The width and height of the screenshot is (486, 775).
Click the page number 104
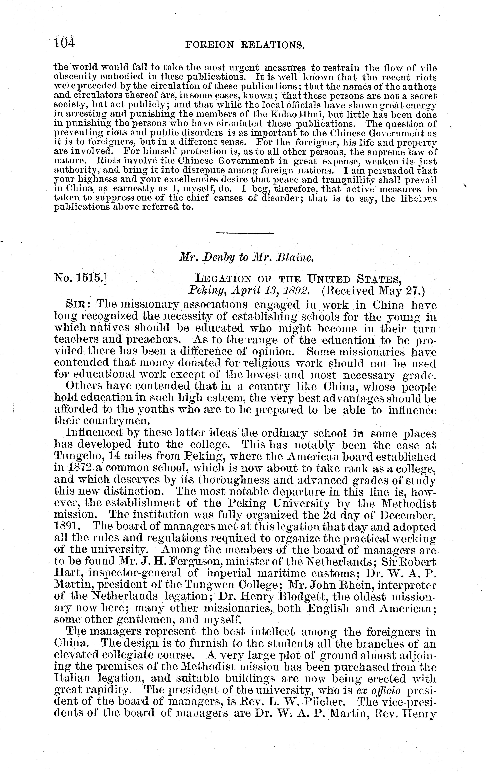[x=64, y=43]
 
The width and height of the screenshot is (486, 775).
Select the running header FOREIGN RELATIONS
[x=245, y=45]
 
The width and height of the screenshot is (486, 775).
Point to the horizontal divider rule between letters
[x=245, y=233]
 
